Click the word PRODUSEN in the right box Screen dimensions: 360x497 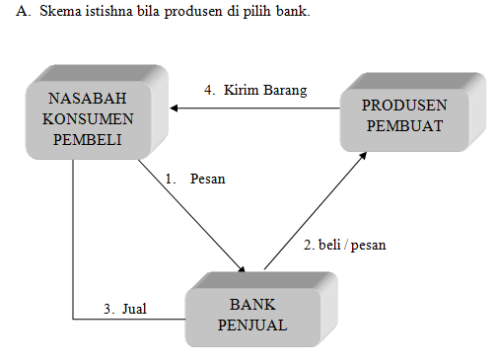(x=404, y=105)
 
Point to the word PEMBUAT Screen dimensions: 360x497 (x=404, y=124)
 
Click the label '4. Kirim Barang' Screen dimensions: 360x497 (x=255, y=90)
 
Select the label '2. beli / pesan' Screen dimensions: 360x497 (x=343, y=245)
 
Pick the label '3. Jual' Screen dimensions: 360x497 (x=125, y=309)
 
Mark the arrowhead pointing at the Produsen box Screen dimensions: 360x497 (x=366, y=156)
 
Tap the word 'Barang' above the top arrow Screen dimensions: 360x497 (x=285, y=90)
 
